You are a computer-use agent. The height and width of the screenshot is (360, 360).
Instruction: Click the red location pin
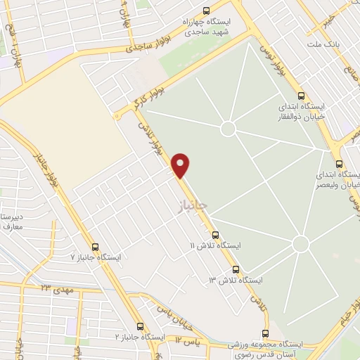click(181, 165)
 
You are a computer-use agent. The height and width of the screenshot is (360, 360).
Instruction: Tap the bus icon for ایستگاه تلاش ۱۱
click(215, 236)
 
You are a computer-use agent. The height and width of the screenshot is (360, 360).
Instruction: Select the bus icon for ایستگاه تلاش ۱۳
click(236, 269)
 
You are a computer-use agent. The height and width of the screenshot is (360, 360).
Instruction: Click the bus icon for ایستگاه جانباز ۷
click(105, 246)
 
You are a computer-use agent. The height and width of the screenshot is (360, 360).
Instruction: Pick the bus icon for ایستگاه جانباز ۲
click(141, 327)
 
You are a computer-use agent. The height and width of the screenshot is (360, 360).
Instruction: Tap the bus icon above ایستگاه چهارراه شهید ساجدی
click(206, 11)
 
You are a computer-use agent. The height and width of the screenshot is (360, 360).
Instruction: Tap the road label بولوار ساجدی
click(144, 49)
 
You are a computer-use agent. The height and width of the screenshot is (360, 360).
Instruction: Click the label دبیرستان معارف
click(13, 220)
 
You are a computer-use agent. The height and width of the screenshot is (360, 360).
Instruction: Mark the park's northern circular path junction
click(227, 129)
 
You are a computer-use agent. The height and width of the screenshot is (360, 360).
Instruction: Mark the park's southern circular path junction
click(301, 244)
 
